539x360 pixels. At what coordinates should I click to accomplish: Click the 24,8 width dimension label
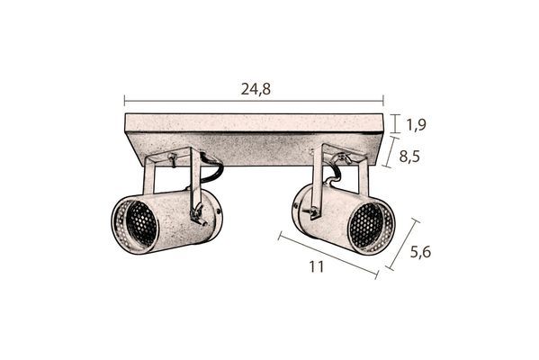pyautogui.click(x=256, y=88)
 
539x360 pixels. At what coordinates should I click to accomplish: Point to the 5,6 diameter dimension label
pyautogui.click(x=419, y=252)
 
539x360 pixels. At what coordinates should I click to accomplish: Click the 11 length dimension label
pyautogui.click(x=316, y=266)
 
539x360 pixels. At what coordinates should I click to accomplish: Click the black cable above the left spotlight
pyautogui.click(x=213, y=167)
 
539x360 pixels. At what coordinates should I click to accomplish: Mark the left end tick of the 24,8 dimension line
pyautogui.click(x=124, y=102)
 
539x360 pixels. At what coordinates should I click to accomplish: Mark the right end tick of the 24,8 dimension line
pyautogui.click(x=383, y=102)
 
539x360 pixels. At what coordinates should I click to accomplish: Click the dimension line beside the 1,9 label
pyautogui.click(x=398, y=124)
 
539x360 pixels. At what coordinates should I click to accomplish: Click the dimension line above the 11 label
pyautogui.click(x=328, y=256)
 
